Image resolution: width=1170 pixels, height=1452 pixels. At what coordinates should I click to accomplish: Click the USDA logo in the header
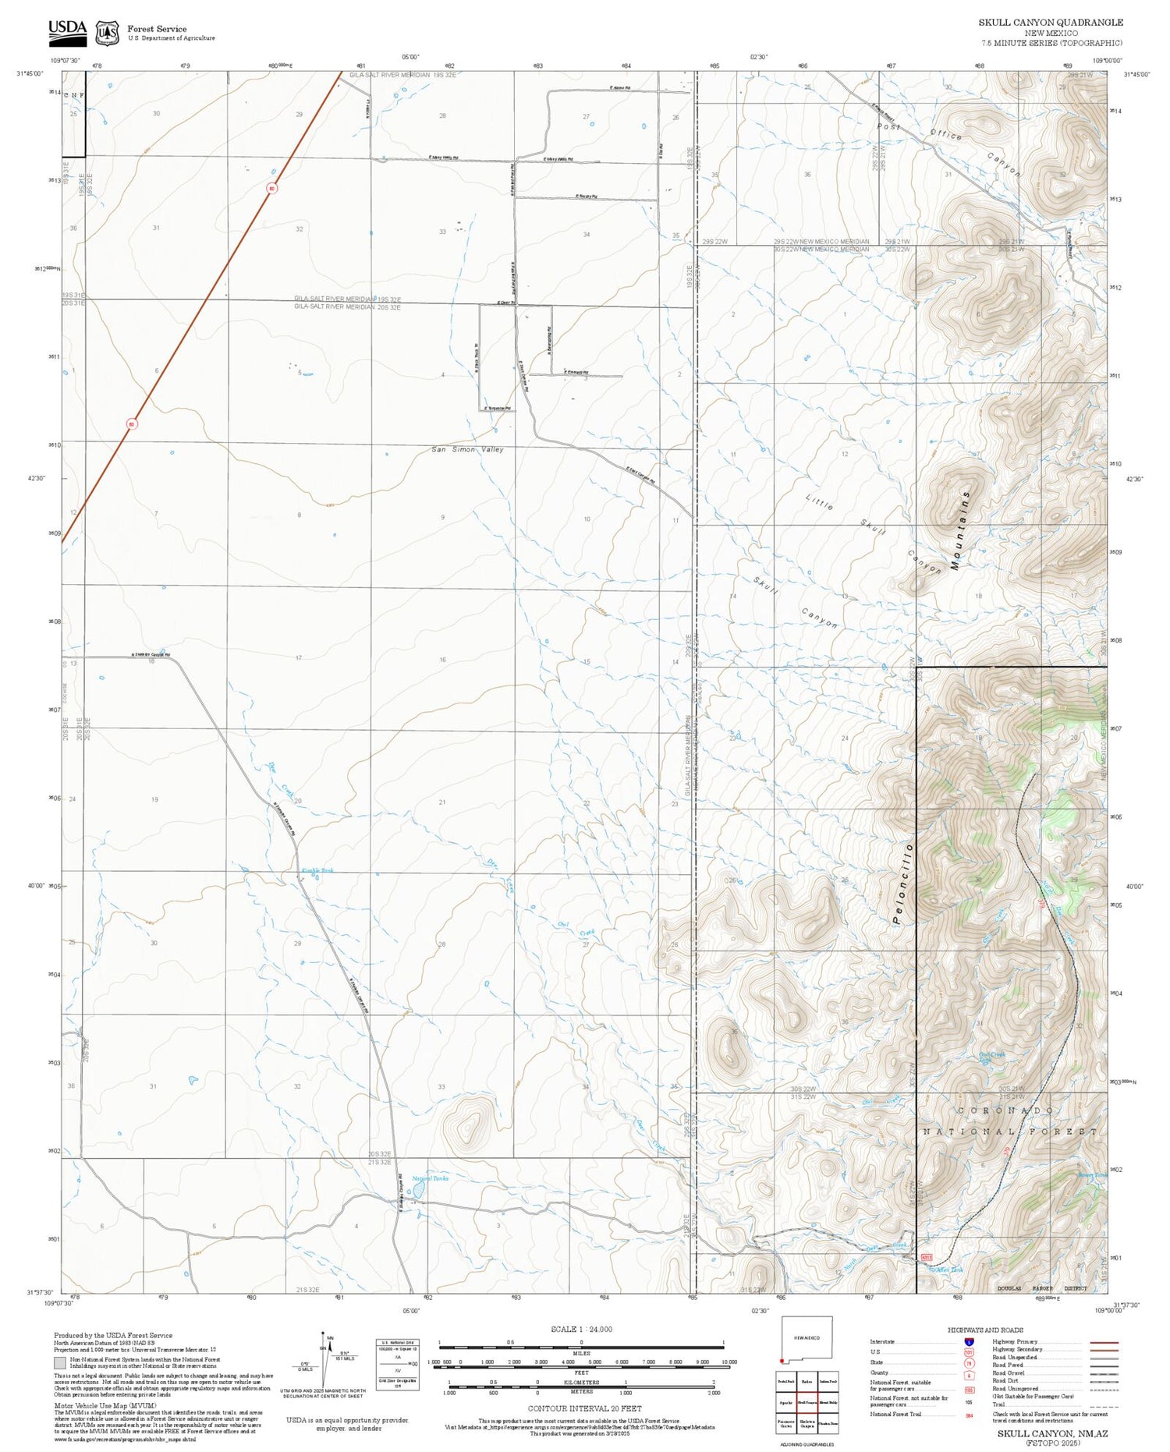tap(67, 32)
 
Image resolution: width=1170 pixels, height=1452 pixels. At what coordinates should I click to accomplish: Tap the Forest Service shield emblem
tap(107, 33)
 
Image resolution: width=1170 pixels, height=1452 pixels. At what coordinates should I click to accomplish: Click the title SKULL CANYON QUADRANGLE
tap(1051, 23)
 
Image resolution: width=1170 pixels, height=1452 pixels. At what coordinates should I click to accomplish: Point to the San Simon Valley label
tap(467, 450)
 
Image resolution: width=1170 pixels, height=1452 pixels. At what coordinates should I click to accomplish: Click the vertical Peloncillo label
tap(902, 884)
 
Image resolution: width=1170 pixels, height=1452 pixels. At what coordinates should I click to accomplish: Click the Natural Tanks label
tap(430, 1178)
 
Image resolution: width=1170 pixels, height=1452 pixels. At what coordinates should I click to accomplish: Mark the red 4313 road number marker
tap(926, 1258)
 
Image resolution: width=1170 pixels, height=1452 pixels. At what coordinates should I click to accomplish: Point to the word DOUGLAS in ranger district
tap(1009, 1289)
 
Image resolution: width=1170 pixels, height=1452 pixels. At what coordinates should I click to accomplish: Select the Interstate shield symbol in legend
tap(970, 1342)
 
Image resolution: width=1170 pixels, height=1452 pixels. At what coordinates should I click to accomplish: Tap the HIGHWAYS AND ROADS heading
tap(985, 1330)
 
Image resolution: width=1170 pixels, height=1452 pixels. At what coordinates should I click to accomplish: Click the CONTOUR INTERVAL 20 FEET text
tap(584, 1409)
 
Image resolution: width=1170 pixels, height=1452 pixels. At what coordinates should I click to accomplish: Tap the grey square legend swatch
tap(60, 1364)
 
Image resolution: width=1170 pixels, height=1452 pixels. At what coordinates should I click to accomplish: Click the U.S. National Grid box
tap(397, 1364)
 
